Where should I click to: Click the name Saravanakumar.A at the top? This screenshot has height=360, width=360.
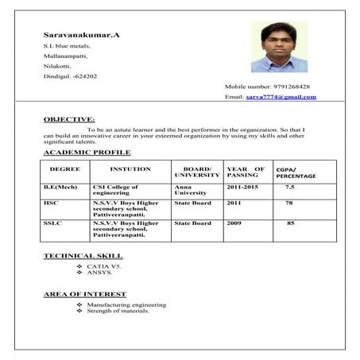click(x=82, y=35)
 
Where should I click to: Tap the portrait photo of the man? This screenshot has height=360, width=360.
click(x=279, y=46)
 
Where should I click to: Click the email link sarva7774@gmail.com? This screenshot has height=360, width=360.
click(x=281, y=97)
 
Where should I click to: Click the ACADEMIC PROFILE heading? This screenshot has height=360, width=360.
click(x=87, y=152)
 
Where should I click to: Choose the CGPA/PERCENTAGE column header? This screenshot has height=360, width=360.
click(x=296, y=172)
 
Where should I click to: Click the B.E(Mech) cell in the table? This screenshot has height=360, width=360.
click(x=60, y=187)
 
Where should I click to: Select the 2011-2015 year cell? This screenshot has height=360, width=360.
click(x=244, y=187)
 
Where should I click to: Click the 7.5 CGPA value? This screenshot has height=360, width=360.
click(x=290, y=187)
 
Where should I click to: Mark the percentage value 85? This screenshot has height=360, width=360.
click(x=290, y=223)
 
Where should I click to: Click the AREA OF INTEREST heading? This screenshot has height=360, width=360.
click(x=84, y=294)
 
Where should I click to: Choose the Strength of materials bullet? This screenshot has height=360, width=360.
click(x=118, y=311)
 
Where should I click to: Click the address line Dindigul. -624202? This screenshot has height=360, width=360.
click(x=71, y=76)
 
